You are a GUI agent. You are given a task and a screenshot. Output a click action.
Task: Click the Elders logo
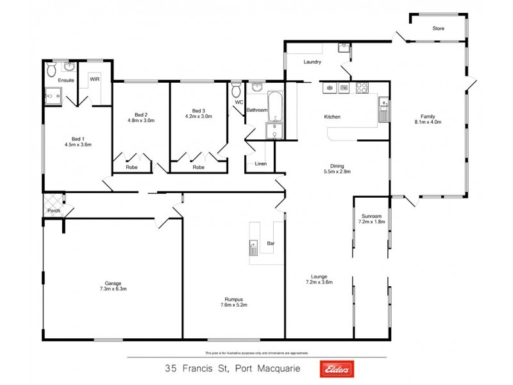(x=334, y=368)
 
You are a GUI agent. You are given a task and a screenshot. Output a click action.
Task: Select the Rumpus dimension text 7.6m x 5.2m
(x=233, y=305)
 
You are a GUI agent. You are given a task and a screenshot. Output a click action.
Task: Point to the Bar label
(x=271, y=244)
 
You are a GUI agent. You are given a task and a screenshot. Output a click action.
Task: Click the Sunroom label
(x=371, y=216)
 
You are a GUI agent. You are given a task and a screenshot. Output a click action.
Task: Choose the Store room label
(x=439, y=29)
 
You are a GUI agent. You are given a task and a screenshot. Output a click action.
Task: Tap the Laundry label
(x=313, y=62)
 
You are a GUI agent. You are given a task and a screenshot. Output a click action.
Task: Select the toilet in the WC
(x=237, y=87)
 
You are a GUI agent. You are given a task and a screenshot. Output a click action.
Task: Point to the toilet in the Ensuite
(x=51, y=69)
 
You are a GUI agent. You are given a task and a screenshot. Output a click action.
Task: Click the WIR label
(x=94, y=80)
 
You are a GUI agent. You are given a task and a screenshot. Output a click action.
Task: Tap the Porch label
(x=53, y=210)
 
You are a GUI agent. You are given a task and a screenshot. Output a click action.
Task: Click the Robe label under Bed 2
(x=131, y=167)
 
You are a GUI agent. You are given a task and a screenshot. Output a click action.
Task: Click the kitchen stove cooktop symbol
(x=362, y=88)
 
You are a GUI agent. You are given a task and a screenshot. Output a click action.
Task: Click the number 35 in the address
(x=171, y=368)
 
